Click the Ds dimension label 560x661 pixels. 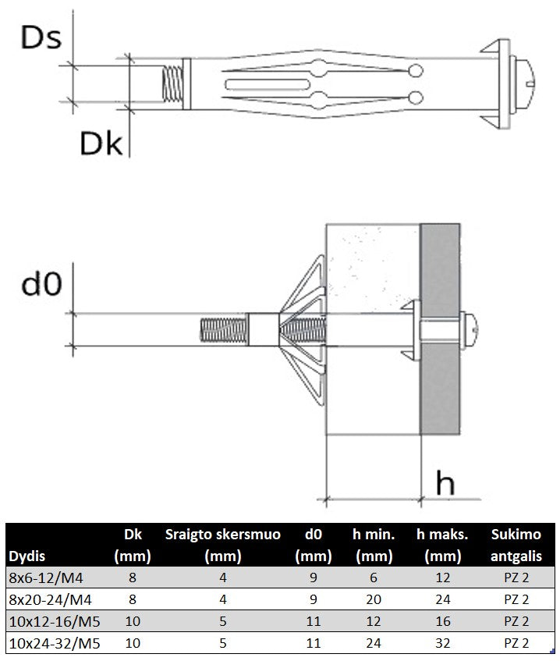(x=41, y=37)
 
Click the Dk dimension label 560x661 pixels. (x=101, y=143)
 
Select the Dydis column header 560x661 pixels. (x=27, y=556)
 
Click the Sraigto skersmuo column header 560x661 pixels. (x=222, y=545)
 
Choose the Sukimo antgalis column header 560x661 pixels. (x=516, y=545)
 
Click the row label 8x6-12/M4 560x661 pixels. (x=46, y=577)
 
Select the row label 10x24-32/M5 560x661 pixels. (x=55, y=643)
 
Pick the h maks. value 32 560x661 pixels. (x=442, y=643)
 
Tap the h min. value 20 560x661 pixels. (x=374, y=599)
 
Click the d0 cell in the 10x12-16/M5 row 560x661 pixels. (x=313, y=621)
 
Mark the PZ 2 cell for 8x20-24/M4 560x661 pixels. (x=516, y=599)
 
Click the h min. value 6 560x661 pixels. (x=374, y=577)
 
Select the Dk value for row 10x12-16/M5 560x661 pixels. (x=133, y=621)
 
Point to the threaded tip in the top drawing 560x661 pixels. (x=172, y=84)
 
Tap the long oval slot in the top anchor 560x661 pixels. (x=268, y=84)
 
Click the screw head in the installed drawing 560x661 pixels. (x=470, y=329)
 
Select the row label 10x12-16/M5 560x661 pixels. (x=55, y=621)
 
